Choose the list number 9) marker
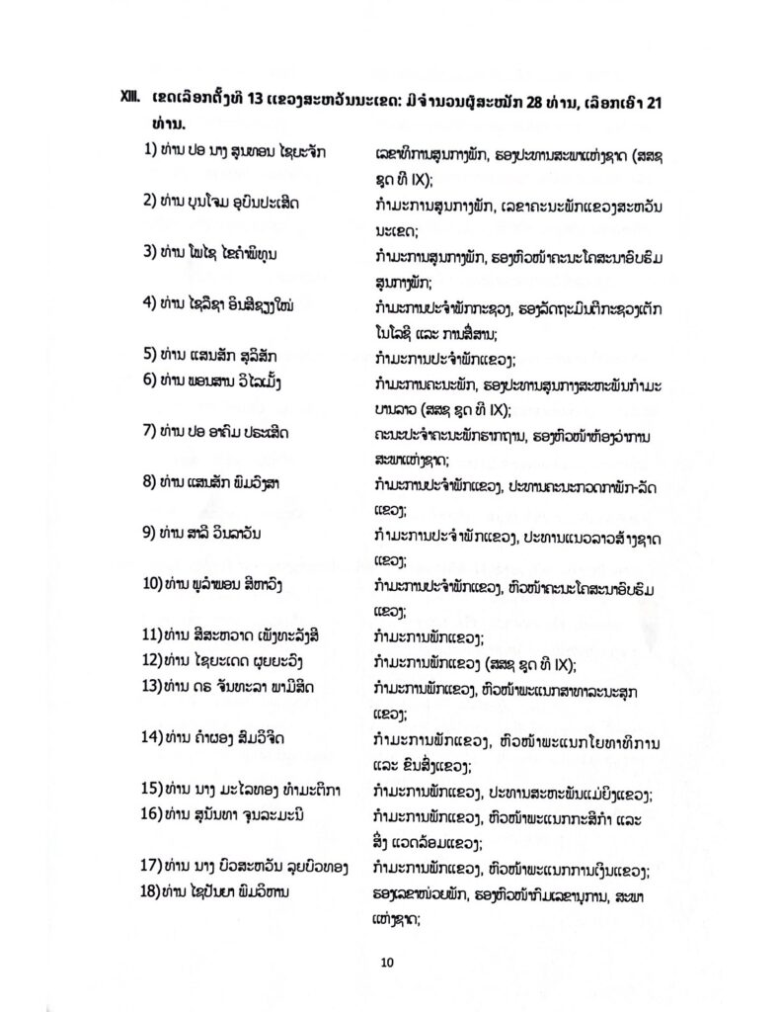click(148, 536)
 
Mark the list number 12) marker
click(151, 661)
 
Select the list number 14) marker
click(151, 737)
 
